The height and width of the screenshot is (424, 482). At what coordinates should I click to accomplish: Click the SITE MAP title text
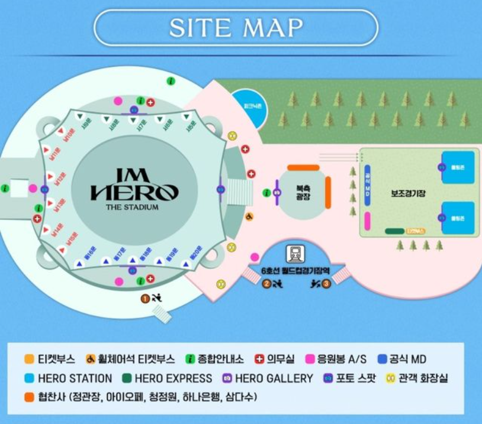(236, 27)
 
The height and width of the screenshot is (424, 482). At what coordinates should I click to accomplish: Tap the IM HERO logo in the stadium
(134, 185)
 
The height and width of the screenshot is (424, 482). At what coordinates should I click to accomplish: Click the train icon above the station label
(295, 254)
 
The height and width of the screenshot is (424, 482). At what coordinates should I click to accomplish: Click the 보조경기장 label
(409, 193)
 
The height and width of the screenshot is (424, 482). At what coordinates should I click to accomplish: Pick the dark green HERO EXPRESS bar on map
(394, 231)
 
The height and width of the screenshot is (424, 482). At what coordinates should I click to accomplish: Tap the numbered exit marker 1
(144, 298)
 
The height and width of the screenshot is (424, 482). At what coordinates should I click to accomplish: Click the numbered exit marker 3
(326, 284)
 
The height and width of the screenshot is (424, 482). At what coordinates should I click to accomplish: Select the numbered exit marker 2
(266, 284)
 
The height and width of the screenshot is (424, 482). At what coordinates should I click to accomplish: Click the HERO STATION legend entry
(68, 378)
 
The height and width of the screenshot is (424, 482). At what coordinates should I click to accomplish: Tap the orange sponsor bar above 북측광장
(303, 167)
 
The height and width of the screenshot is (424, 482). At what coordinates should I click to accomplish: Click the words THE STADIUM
(134, 207)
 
